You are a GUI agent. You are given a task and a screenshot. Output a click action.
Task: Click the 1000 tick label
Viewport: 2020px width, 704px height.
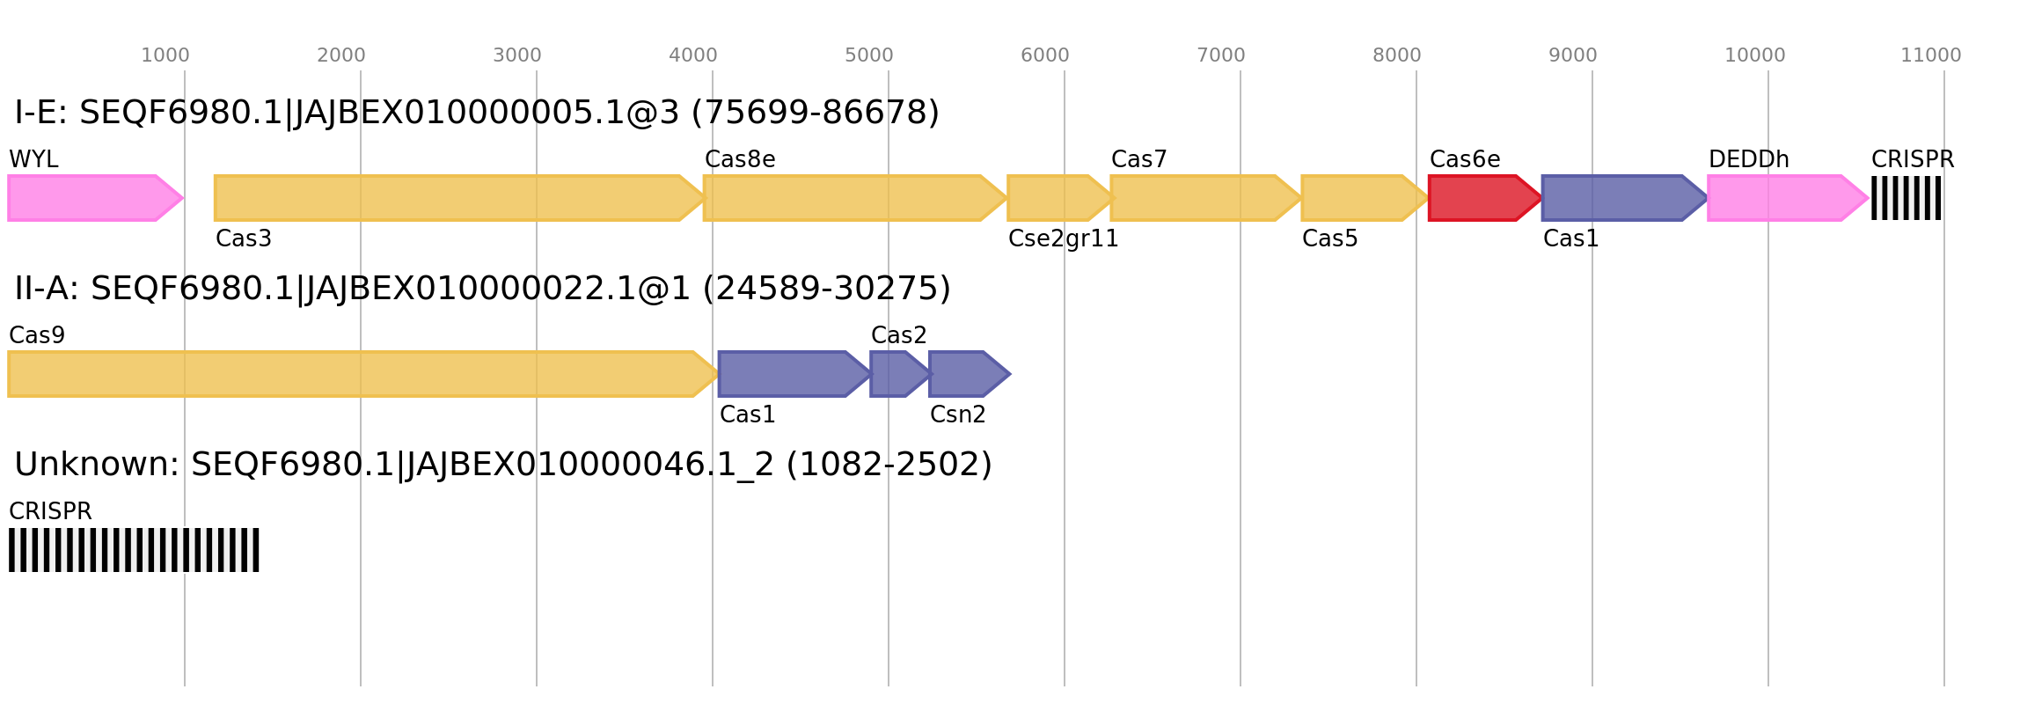click(165, 55)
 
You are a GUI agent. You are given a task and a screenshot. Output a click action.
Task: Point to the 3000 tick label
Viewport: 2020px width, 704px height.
click(516, 55)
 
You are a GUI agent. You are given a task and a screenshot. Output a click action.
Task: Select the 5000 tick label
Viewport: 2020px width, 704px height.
click(868, 55)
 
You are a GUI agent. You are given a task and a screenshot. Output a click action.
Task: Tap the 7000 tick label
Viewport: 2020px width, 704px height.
click(1220, 55)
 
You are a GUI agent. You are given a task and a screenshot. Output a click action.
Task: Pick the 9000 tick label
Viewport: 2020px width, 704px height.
click(1572, 55)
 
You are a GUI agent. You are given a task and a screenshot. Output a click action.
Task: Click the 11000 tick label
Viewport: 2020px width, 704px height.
click(1930, 55)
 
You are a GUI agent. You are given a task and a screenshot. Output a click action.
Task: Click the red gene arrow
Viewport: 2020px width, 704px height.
click(1481, 198)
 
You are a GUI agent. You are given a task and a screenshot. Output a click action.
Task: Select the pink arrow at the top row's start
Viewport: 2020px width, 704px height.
click(88, 198)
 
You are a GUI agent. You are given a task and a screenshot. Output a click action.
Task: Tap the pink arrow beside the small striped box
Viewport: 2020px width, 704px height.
click(1782, 198)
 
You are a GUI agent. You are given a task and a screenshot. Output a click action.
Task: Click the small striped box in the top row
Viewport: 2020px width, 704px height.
click(1906, 198)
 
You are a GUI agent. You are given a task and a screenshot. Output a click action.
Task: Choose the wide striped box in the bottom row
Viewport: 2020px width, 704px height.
click(134, 550)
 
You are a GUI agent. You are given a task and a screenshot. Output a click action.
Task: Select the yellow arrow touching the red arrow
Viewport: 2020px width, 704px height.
click(1359, 198)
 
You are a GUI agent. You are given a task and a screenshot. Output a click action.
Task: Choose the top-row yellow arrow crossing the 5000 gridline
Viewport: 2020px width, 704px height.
click(849, 198)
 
